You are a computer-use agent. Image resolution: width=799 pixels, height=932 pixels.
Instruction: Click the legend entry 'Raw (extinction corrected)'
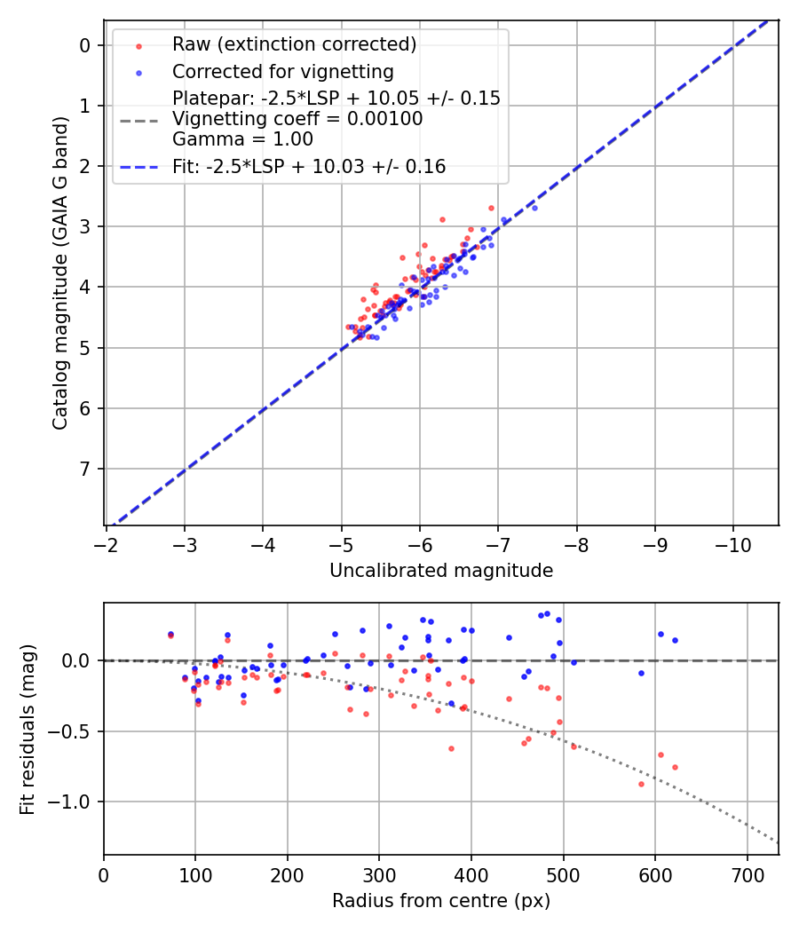(x=294, y=44)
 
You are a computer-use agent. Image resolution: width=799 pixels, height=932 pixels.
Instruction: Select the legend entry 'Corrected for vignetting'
(x=282, y=71)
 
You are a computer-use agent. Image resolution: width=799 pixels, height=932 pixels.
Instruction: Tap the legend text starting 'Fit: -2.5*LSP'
(x=309, y=166)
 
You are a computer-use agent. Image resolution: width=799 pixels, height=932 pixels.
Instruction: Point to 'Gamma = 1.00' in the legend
(x=242, y=138)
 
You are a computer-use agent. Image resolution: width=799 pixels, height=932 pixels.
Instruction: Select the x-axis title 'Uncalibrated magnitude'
(x=441, y=571)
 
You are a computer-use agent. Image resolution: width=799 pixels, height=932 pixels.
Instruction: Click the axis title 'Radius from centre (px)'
(x=441, y=901)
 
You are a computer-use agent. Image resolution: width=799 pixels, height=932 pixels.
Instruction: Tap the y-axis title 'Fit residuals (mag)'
(x=28, y=730)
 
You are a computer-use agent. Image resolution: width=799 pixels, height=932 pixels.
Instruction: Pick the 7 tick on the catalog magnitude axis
(x=86, y=469)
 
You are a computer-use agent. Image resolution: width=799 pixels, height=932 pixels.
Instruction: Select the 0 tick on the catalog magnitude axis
(x=86, y=45)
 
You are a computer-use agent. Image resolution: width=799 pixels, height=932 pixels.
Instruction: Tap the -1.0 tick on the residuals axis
(x=74, y=802)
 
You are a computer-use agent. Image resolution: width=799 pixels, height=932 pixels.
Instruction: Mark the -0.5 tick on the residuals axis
(x=74, y=731)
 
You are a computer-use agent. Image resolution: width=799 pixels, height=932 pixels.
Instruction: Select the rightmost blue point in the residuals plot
(x=675, y=640)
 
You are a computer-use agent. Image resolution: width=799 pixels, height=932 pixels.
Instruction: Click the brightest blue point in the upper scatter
(x=534, y=208)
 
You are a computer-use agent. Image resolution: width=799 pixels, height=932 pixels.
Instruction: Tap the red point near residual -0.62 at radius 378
(x=451, y=748)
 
